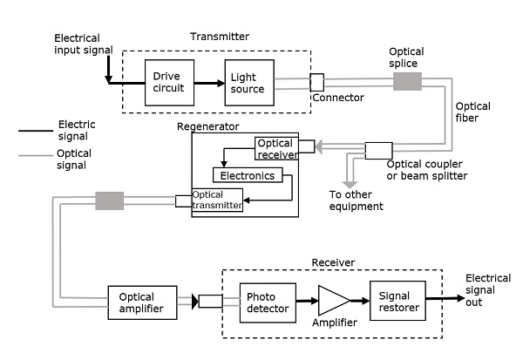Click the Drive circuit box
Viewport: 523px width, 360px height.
(x=168, y=82)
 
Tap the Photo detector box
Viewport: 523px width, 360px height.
(x=267, y=303)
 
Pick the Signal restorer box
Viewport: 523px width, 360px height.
(x=398, y=302)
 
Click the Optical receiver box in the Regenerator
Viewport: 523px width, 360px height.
(x=276, y=149)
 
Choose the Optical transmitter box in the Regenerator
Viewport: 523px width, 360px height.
(x=218, y=200)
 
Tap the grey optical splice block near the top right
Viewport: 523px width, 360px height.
(x=407, y=81)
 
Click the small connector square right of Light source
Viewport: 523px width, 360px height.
(x=316, y=82)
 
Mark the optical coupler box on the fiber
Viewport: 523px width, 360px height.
(x=378, y=150)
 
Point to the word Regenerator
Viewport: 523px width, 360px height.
(x=208, y=126)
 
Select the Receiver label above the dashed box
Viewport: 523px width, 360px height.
(x=335, y=262)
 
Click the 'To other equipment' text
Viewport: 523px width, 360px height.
(x=356, y=201)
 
